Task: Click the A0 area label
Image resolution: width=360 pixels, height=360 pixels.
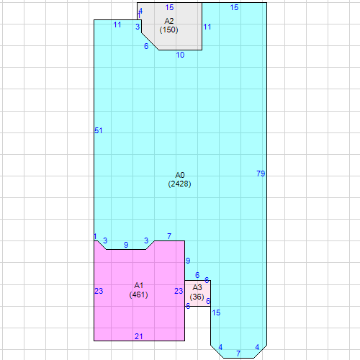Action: pos(180,175)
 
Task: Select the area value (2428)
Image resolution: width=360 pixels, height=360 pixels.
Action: pos(179,184)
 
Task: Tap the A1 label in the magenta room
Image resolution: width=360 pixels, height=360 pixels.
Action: pos(139,285)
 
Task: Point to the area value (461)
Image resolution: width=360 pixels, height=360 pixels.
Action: pos(138,294)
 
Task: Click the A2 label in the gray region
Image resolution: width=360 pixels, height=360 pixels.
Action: pos(169,21)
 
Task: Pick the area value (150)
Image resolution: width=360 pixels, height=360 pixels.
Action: pos(168,30)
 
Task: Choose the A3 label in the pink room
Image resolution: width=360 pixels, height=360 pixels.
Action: pos(197,287)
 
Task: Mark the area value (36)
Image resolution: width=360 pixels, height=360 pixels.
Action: pos(197,297)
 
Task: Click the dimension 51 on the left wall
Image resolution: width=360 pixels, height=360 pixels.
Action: pos(99,130)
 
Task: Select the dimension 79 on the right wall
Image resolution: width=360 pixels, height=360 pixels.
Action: pos(261,174)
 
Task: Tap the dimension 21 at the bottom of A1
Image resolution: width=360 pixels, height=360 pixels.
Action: pos(139,336)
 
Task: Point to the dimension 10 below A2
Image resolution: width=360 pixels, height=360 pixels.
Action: pos(180,55)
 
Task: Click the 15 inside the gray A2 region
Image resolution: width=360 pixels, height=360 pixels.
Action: pos(169,7)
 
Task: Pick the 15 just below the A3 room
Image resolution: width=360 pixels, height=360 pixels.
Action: pos(216,312)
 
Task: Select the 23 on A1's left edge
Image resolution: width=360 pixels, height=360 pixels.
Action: pos(99,291)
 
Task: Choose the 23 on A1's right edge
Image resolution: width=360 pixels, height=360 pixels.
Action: pos(179,291)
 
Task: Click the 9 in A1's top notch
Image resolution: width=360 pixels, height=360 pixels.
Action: pos(126,245)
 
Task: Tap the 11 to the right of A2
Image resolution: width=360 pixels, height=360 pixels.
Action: pos(207,27)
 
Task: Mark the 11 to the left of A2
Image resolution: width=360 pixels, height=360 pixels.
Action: pos(117,24)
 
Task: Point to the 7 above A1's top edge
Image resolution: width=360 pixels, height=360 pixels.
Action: pos(169,236)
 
